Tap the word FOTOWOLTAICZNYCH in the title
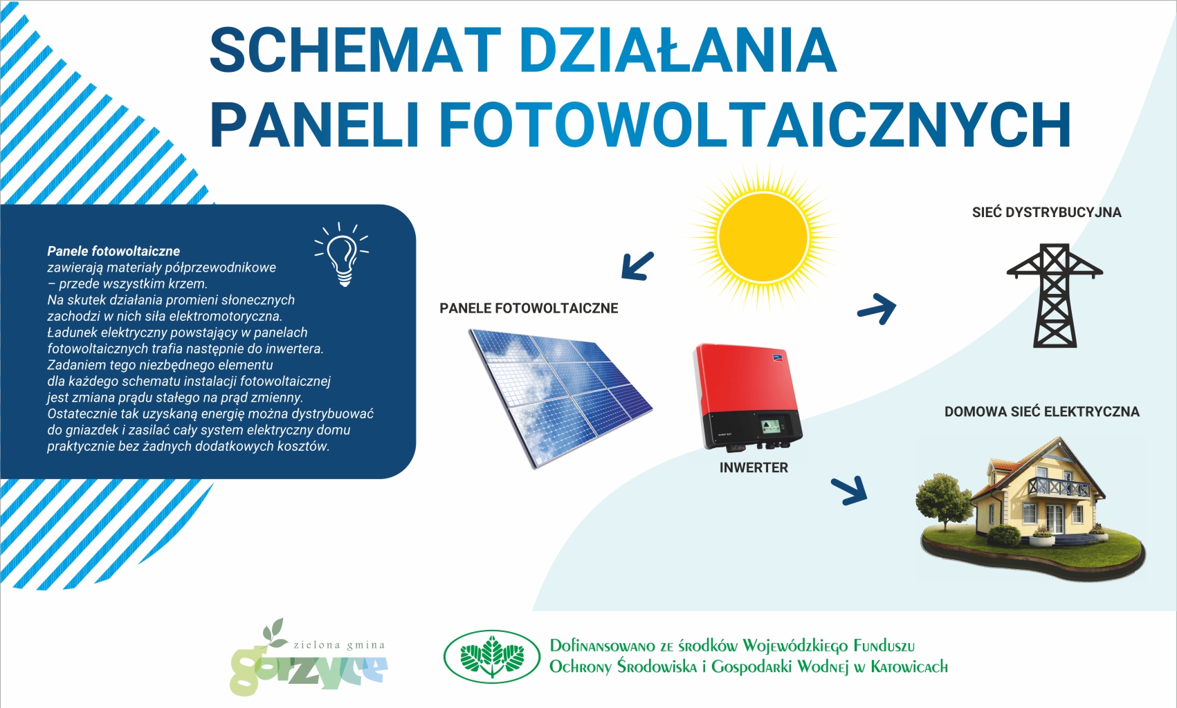tap(754, 125)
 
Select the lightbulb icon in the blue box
tap(342, 254)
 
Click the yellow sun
tap(763, 237)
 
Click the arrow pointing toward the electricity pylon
tap(877, 308)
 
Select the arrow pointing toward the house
tap(849, 491)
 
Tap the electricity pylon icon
tap(1055, 295)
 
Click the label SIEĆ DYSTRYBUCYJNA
tap(1047, 212)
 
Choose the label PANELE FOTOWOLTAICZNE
tap(529, 308)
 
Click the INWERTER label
tap(754, 467)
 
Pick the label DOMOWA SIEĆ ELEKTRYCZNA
tap(1042, 412)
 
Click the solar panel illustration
tap(560, 397)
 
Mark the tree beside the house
tap(944, 501)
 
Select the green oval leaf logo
tap(492, 657)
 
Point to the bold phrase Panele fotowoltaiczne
tap(113, 251)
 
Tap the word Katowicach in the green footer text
tap(909, 667)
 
